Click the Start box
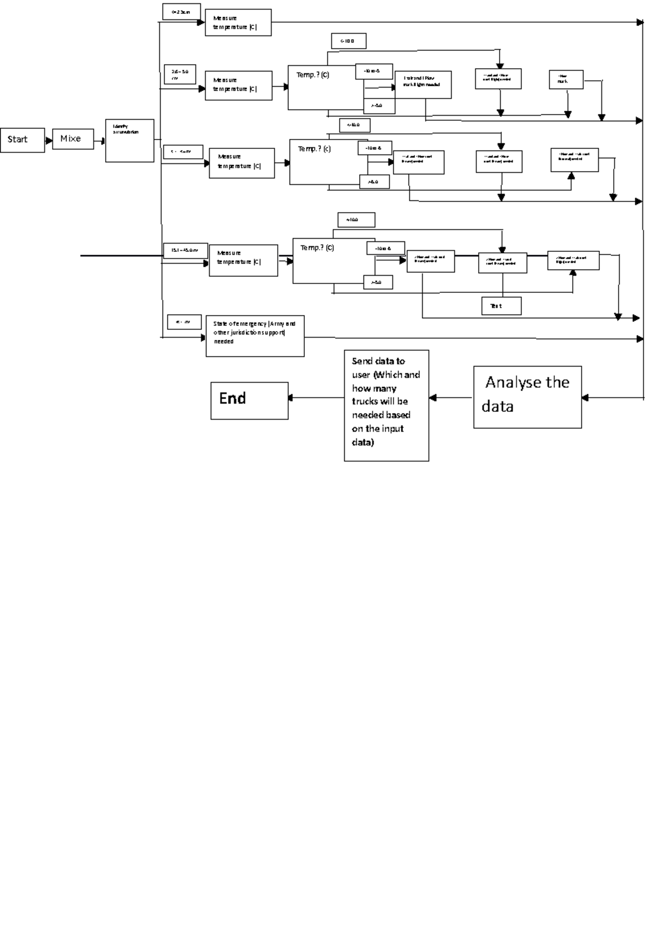[22, 140]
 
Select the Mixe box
[72, 139]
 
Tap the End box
[249, 400]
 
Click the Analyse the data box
[527, 397]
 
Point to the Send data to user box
[386, 405]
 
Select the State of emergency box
[255, 336]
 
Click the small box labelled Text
[502, 306]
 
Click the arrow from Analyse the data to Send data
[451, 397]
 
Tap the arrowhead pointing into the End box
[290, 397]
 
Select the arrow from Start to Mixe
[48, 141]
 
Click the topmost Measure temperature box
[238, 23]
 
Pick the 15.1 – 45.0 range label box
[185, 251]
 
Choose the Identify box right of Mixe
[129, 141]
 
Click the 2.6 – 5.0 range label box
[180, 75]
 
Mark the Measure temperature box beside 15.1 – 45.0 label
[243, 260]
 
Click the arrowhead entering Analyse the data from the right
[585, 397]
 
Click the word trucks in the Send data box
[365, 401]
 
